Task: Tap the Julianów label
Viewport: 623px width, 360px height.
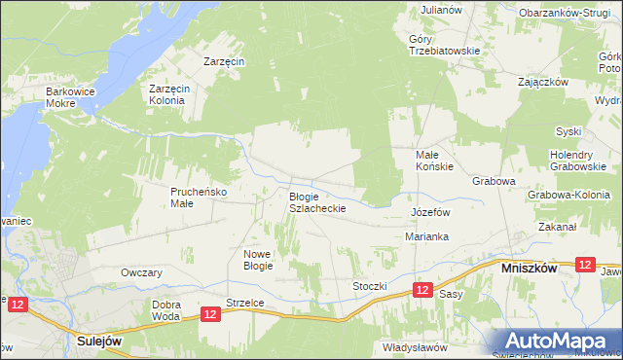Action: (441, 9)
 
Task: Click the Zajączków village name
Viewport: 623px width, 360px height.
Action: (543, 82)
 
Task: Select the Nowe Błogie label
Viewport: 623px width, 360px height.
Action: (258, 259)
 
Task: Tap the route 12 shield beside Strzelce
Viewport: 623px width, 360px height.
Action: (211, 313)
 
